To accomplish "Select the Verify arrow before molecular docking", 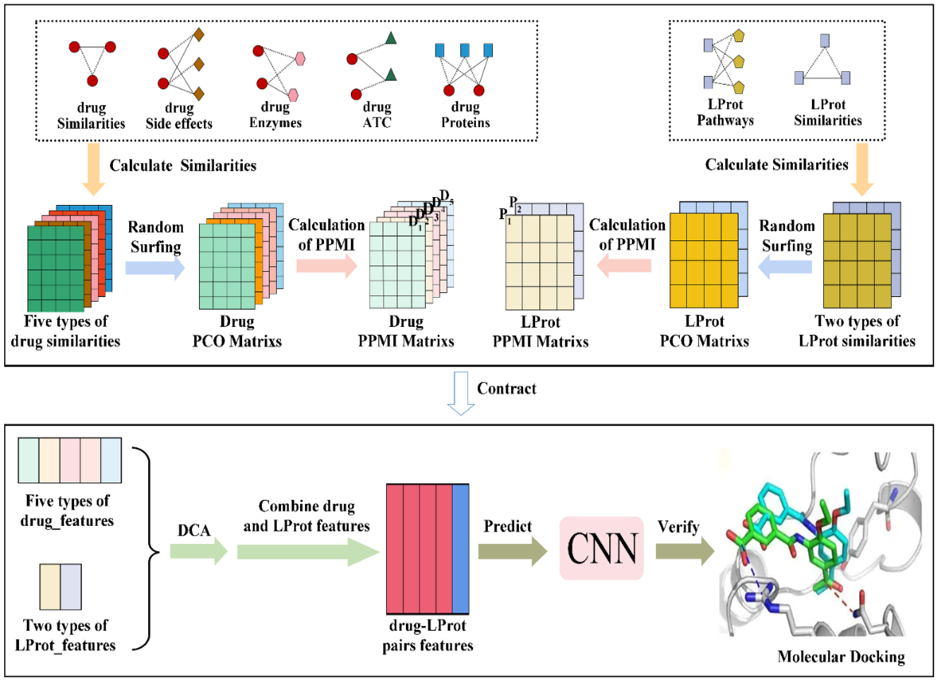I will [x=685, y=551].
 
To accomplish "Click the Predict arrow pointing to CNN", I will [x=512, y=551].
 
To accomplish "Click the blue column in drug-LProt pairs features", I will [x=460, y=549].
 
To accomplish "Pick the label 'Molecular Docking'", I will [x=841, y=656].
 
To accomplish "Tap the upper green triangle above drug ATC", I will [x=390, y=38].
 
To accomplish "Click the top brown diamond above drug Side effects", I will [x=199, y=35].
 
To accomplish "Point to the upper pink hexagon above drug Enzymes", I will [x=300, y=59].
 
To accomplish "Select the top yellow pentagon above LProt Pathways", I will [x=739, y=36].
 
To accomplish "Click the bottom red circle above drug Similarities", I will [x=92, y=81].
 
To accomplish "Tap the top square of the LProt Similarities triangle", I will [x=825, y=40].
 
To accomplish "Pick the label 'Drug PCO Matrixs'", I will [x=237, y=331].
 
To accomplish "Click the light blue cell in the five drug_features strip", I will [x=111, y=460].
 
